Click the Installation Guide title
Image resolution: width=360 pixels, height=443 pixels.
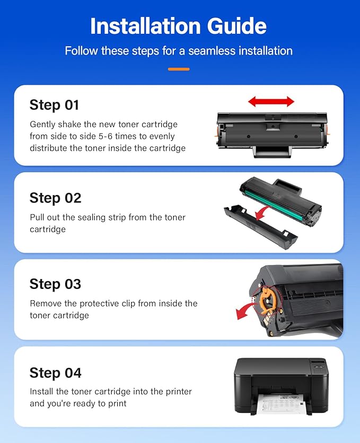point(178,26)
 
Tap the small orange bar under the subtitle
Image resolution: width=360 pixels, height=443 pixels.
point(179,69)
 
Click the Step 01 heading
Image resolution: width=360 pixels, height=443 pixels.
point(54,105)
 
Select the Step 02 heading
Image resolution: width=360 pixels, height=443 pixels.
point(55,198)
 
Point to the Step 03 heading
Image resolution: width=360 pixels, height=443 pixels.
point(55,284)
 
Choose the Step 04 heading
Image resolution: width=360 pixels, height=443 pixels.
point(55,373)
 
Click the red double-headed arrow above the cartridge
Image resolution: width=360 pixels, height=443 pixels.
point(271,101)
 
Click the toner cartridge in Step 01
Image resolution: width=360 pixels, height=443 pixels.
point(271,132)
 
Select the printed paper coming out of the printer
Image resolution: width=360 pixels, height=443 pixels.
point(280,405)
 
